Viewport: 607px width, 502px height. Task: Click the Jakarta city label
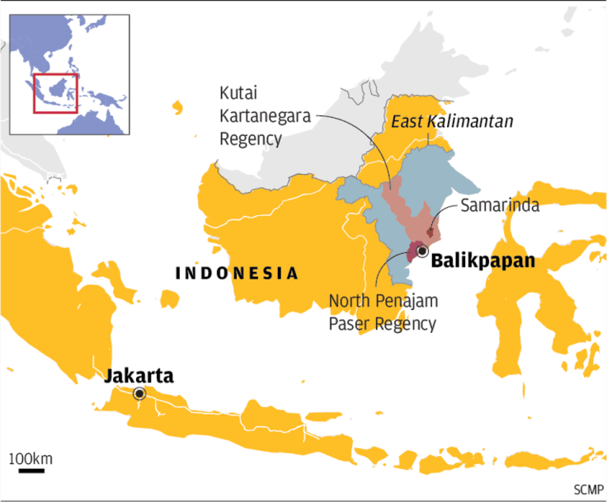(x=139, y=377)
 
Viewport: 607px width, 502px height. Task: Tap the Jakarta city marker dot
(x=139, y=394)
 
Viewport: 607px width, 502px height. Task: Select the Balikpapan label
(x=483, y=262)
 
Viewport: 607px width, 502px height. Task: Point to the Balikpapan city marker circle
(x=422, y=251)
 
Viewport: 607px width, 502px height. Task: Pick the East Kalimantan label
(x=452, y=122)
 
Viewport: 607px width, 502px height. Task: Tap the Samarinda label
(x=500, y=205)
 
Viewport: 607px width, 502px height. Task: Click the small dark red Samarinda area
(x=429, y=234)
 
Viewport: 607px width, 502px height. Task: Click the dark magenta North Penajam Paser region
(x=412, y=251)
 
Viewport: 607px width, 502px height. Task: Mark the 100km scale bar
(x=31, y=472)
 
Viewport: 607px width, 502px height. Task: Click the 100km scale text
(x=31, y=457)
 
